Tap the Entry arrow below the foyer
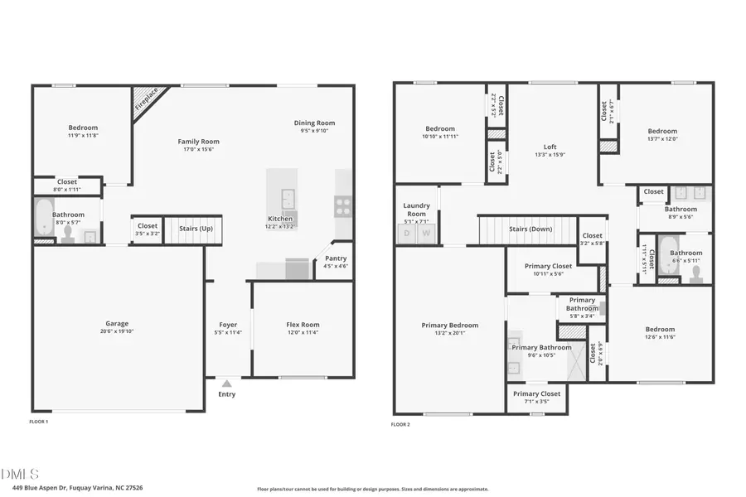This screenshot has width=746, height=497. [226, 384]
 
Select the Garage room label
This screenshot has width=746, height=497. [117, 324]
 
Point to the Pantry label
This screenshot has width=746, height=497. [336, 258]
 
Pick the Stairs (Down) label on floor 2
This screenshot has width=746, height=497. [530, 229]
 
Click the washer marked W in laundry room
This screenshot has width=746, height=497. [426, 234]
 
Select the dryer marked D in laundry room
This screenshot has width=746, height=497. [407, 234]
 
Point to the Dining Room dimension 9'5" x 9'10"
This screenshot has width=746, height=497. [314, 130]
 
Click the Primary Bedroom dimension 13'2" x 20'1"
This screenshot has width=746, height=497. [449, 334]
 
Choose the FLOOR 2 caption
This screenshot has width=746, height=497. [400, 424]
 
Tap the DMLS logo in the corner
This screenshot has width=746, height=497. [20, 474]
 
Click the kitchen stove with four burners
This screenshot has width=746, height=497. [343, 205]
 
